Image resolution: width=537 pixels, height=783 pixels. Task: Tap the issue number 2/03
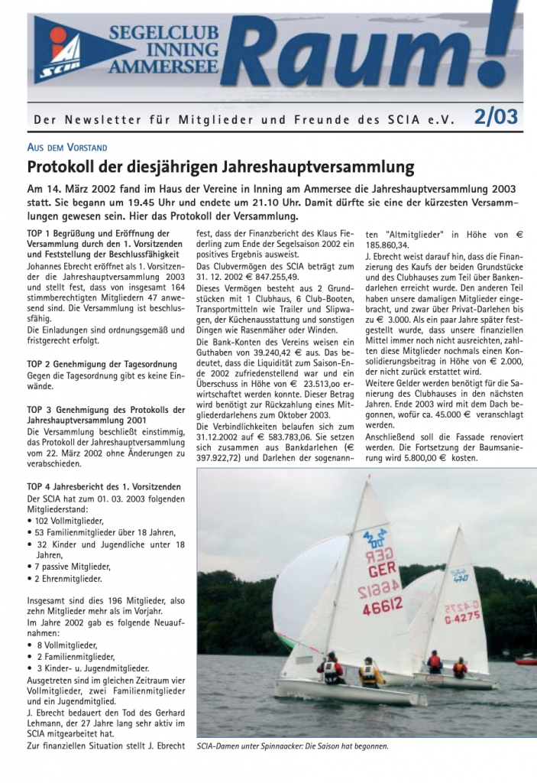496,116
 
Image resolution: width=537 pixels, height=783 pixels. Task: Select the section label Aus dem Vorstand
66,147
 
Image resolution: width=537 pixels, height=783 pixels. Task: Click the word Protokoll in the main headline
66,166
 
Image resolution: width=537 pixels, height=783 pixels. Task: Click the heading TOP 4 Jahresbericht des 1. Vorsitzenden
104,486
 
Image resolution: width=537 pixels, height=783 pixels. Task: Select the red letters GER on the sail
382,570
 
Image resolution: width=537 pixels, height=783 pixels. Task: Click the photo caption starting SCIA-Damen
292,746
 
